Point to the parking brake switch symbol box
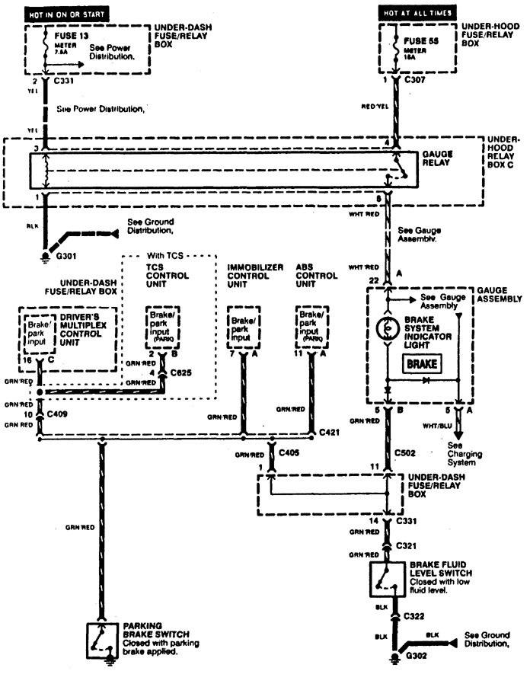101,641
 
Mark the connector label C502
406,452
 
